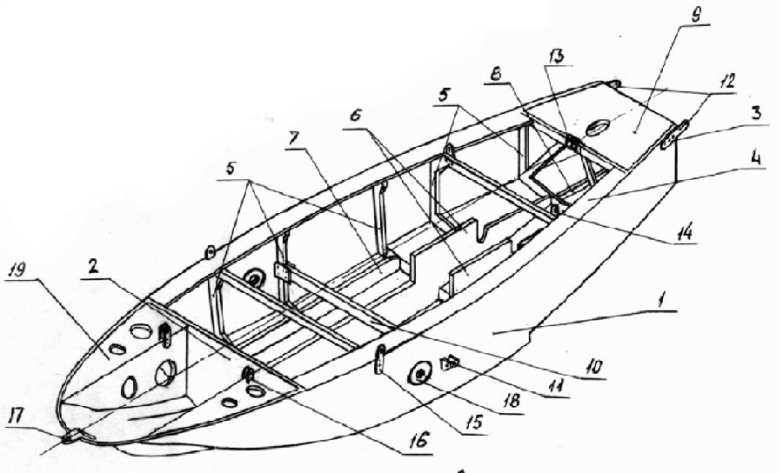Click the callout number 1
click(x=662, y=301)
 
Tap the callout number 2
click(x=93, y=268)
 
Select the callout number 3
click(x=757, y=113)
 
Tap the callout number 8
click(x=497, y=75)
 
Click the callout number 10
click(x=593, y=368)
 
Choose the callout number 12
click(x=727, y=81)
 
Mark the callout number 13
click(x=556, y=57)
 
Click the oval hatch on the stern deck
click(x=595, y=128)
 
